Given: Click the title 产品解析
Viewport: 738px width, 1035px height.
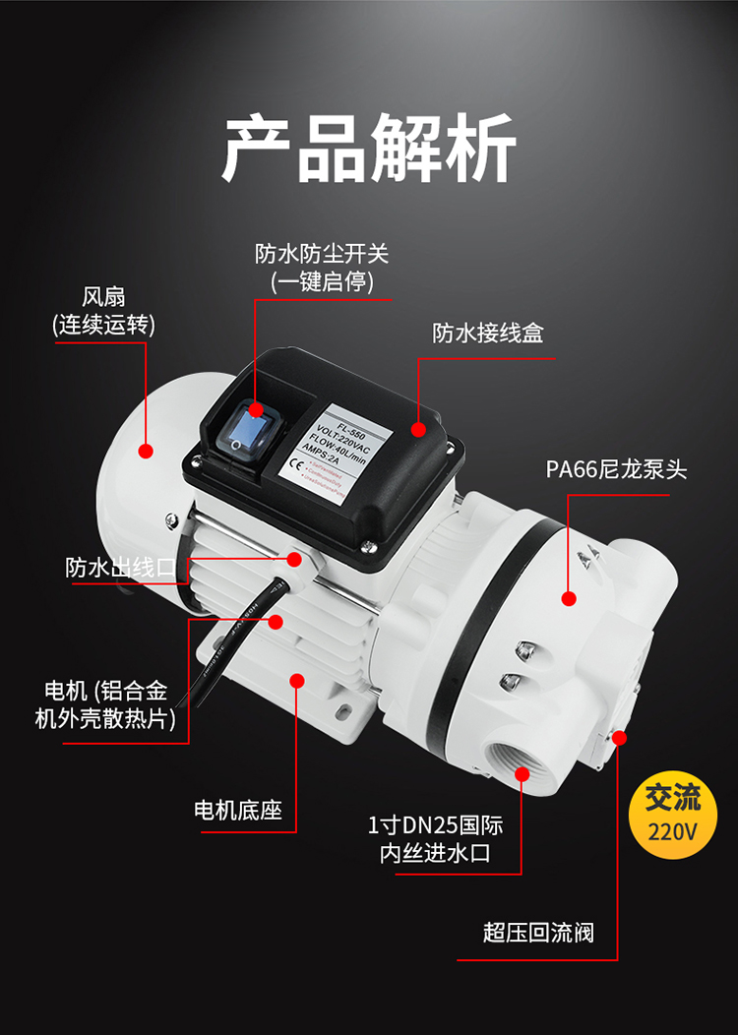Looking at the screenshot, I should point(369,150).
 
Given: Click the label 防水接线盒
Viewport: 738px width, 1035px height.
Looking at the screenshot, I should point(488,333).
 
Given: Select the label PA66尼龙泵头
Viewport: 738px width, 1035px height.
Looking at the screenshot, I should point(616,469).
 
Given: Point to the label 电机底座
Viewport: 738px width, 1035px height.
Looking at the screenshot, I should point(238,811).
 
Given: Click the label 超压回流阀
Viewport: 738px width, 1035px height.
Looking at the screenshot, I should point(538,932).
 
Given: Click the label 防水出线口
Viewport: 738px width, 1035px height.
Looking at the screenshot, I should point(120,568).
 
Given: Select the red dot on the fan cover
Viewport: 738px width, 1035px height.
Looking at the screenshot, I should point(146,452).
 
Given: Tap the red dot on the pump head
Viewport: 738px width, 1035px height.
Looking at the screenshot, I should point(568,597).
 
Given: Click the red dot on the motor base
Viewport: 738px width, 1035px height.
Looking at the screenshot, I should point(297,679).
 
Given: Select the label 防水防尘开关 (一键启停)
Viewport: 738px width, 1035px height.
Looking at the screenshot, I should point(323,268).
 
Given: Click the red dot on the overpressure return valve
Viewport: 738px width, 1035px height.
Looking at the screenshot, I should point(618,738).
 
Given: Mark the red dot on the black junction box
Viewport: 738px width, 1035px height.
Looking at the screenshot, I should point(418,430).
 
